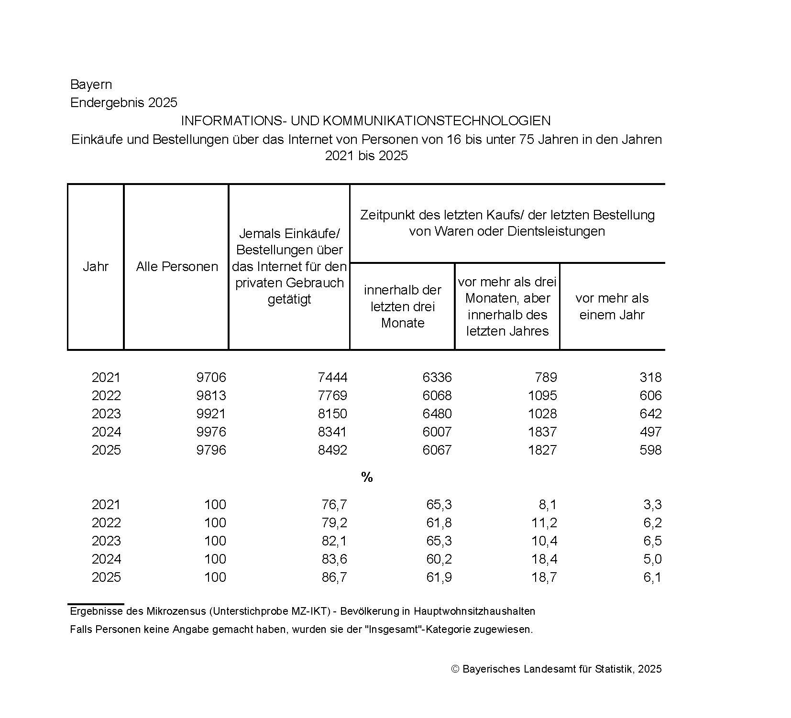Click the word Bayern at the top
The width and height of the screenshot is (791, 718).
click(91, 85)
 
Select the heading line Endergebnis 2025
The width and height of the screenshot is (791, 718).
click(123, 103)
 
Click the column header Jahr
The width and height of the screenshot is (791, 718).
click(96, 266)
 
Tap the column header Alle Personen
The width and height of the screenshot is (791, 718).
click(177, 266)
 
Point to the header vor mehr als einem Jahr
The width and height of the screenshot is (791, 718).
click(612, 306)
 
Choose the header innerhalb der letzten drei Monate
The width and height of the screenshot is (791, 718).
click(402, 306)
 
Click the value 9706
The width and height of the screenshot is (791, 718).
click(211, 378)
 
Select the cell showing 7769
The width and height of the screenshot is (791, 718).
click(332, 396)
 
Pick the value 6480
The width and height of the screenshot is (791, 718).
click(437, 414)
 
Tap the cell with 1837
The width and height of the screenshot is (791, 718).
click(542, 432)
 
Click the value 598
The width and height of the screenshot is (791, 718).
click(650, 450)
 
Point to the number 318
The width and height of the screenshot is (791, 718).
click(650, 378)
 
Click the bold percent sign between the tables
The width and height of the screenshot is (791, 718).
click(367, 477)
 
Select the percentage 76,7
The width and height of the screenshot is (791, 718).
click(334, 505)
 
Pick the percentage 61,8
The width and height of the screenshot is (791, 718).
click(439, 523)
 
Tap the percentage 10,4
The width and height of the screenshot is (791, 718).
click(544, 541)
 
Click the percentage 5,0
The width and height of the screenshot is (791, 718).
click(652, 559)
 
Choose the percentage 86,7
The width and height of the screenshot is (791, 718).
click(334, 577)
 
